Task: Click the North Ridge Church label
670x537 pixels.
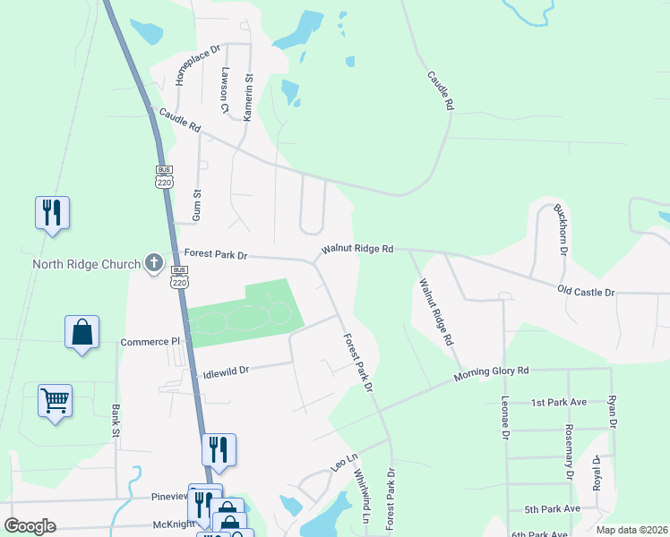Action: click(86, 264)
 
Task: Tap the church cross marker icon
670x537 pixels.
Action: click(154, 263)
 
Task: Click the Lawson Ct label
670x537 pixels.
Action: click(227, 90)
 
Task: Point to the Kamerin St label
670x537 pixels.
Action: click(249, 98)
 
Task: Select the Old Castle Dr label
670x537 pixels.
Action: click(586, 292)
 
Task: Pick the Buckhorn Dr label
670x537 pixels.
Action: click(561, 229)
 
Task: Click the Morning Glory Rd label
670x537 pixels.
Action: click(491, 371)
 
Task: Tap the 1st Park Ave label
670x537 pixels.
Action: click(558, 403)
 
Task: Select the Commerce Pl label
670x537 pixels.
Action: click(150, 342)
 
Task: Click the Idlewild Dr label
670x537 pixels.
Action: click(225, 369)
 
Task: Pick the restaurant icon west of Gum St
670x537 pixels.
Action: click(52, 212)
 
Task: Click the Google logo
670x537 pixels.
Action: click(30, 526)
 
